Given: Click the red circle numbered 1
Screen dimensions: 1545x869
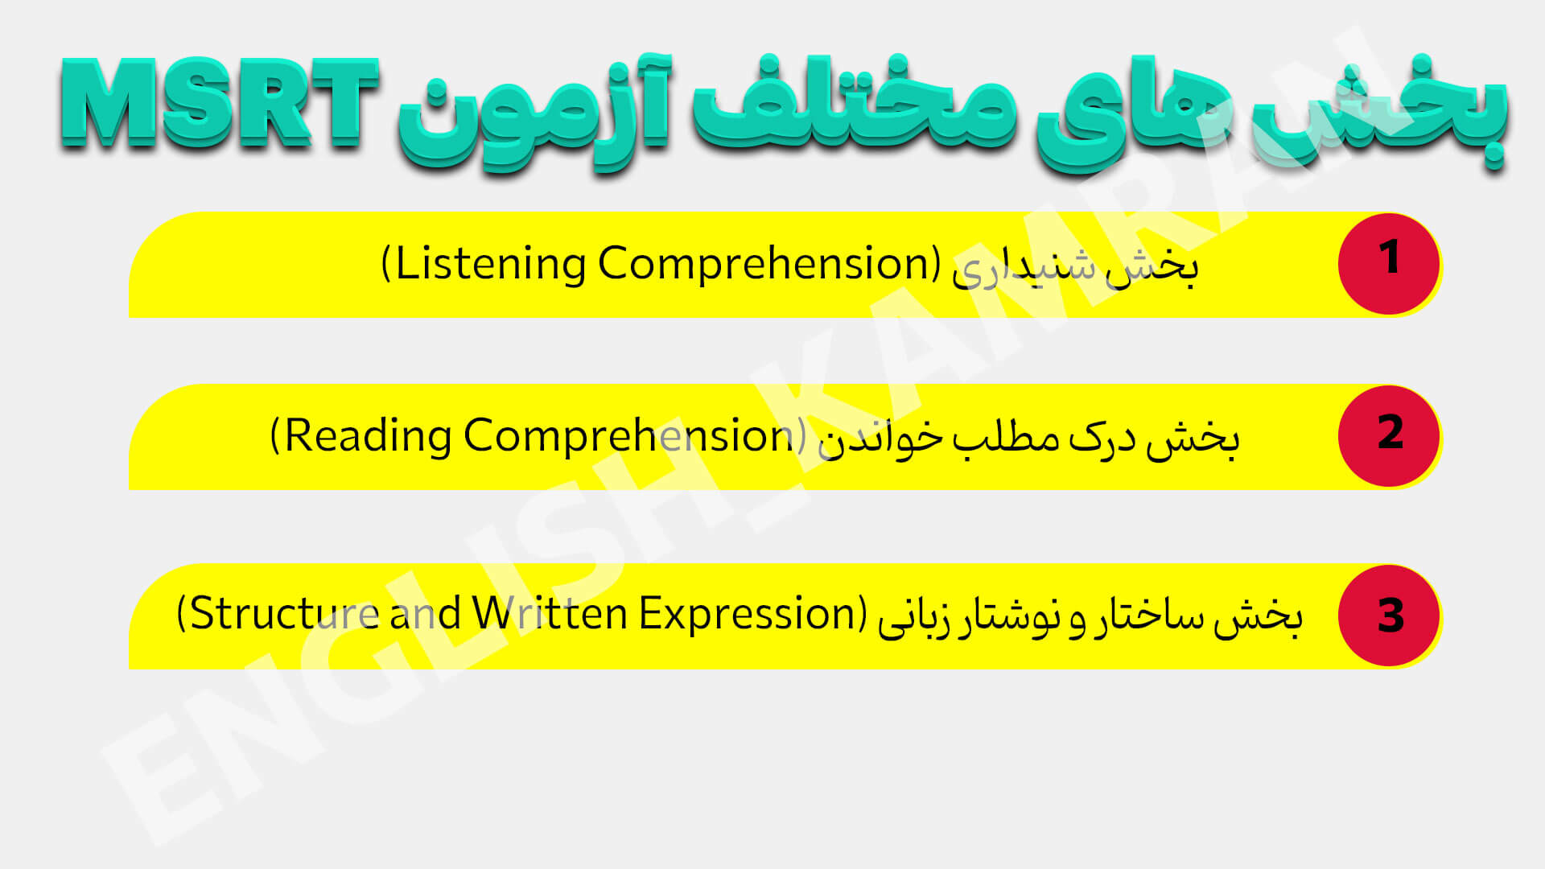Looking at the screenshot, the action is click(1389, 263).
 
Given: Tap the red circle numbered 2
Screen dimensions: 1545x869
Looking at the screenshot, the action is click(1389, 435).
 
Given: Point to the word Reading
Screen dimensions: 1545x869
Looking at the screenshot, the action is click(369, 436).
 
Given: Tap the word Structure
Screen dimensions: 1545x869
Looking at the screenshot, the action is click(285, 613).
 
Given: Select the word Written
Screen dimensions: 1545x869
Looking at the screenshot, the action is click(550, 613).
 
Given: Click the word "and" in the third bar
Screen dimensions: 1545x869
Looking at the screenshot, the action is click(425, 613).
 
